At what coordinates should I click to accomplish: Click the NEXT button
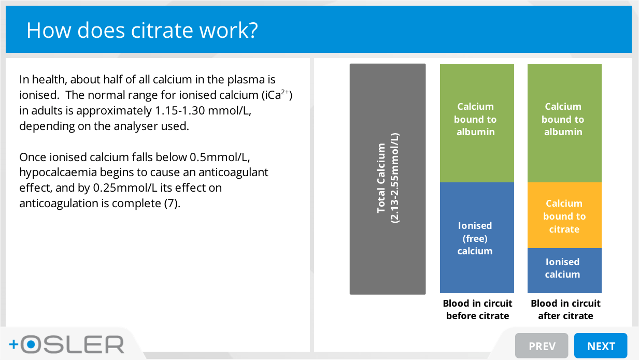(x=601, y=345)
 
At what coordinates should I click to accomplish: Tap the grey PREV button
(x=542, y=345)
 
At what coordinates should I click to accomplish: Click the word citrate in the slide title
(x=162, y=30)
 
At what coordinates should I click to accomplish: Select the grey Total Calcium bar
(x=388, y=179)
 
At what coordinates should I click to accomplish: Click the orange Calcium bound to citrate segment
(x=564, y=215)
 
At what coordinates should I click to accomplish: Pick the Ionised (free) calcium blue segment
(x=477, y=238)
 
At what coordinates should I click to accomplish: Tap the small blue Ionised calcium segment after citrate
(x=564, y=270)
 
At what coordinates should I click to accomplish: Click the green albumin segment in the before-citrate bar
(x=477, y=123)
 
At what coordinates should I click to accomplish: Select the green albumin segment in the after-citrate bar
(x=564, y=123)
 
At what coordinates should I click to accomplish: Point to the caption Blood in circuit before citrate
(x=477, y=310)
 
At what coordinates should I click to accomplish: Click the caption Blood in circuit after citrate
(x=566, y=310)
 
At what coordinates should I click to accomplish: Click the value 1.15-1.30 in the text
(x=180, y=111)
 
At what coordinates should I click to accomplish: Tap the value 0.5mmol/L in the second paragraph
(x=220, y=157)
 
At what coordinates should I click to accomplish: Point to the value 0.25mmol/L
(x=125, y=188)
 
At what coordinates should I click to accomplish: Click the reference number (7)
(x=172, y=204)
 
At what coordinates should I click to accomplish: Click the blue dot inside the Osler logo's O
(x=31, y=344)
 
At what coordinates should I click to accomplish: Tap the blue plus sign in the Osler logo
(x=13, y=344)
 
